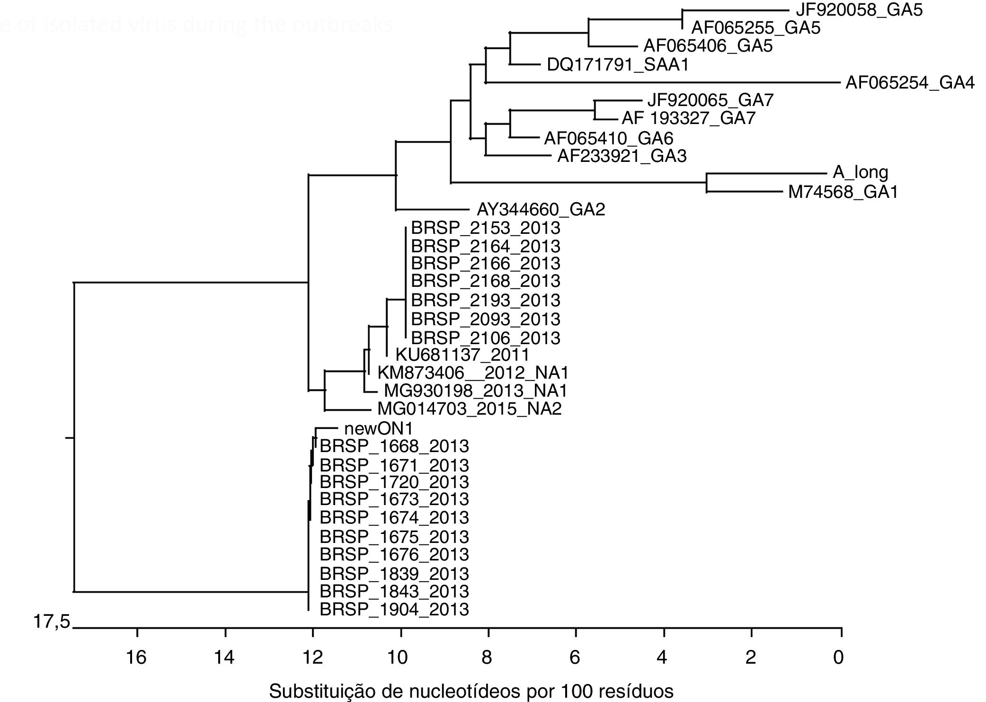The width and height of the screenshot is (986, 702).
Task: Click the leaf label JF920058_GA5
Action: tap(859, 10)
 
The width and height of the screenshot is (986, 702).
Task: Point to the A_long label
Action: tap(860, 172)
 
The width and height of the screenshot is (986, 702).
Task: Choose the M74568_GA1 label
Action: tap(843, 192)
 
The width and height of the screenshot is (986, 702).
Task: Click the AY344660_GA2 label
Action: tap(541, 209)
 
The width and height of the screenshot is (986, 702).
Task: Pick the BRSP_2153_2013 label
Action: tap(485, 228)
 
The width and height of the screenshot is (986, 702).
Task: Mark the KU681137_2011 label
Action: tap(462, 355)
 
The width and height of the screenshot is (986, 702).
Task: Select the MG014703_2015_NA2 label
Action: tap(469, 409)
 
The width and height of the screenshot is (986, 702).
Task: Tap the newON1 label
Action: tap(378, 429)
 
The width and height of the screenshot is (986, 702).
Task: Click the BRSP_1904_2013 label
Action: tap(394, 609)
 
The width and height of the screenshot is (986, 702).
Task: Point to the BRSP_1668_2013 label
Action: tap(394, 446)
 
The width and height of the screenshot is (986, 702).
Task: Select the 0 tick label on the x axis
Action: tap(838, 658)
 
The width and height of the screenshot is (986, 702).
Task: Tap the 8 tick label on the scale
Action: tap(487, 658)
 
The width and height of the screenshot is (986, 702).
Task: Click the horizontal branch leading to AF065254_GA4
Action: tap(663, 83)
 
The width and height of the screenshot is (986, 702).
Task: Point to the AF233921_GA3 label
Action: tap(622, 156)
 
